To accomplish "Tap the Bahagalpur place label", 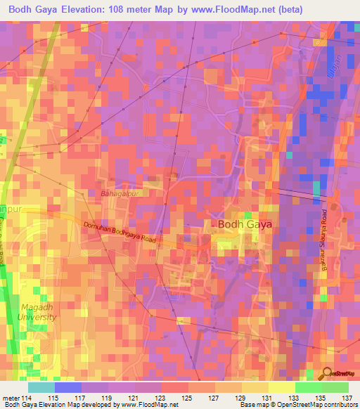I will coord(124,193).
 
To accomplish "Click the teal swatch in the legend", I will coord(41,388).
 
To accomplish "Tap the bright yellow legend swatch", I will coord(282,388).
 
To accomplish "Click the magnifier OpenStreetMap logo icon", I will coord(327,373).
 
